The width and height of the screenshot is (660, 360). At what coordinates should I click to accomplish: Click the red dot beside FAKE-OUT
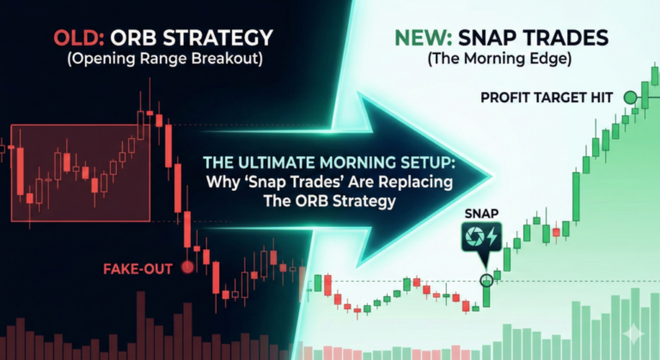[x=188, y=267]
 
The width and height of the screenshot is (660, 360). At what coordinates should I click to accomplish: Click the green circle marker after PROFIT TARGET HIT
[x=631, y=98]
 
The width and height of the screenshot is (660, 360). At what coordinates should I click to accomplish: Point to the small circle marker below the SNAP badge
[x=487, y=279]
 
